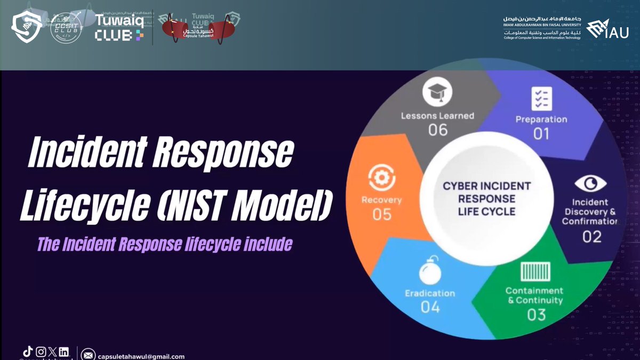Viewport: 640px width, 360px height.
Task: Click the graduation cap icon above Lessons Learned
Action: click(x=438, y=93)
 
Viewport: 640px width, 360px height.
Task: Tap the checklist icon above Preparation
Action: click(x=541, y=99)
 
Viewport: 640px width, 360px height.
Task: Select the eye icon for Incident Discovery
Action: click(x=590, y=183)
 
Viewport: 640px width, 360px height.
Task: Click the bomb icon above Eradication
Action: click(x=430, y=273)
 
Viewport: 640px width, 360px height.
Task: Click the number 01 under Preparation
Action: click(x=541, y=133)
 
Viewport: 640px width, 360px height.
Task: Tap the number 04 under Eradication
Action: click(x=430, y=307)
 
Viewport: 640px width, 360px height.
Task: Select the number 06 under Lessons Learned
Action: click(x=438, y=130)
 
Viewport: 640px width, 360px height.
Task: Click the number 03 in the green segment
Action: click(x=536, y=315)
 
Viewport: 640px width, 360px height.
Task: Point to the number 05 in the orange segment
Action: click(x=382, y=214)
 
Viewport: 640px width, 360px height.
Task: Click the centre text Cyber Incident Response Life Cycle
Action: click(x=486, y=198)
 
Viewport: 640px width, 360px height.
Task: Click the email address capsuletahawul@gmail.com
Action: click(x=141, y=356)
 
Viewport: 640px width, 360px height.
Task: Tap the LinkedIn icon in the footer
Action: click(x=64, y=351)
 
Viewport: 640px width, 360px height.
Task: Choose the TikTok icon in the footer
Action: click(x=28, y=351)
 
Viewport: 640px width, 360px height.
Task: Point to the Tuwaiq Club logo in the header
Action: click(x=119, y=27)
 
